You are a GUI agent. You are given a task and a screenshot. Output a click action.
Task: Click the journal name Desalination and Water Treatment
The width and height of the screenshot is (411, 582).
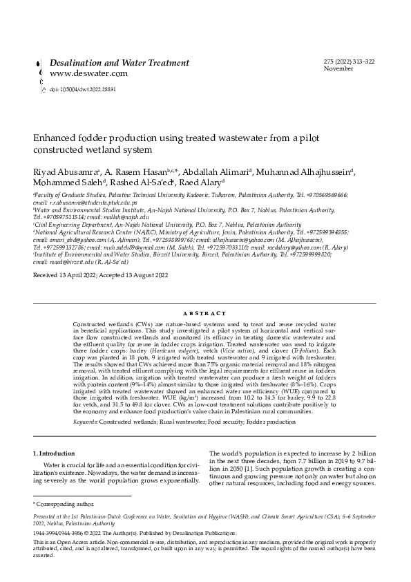(x=120, y=63)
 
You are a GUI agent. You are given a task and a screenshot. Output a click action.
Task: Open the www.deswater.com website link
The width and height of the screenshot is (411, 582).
(x=88, y=73)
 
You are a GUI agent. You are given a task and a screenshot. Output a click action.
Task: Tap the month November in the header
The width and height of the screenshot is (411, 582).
(x=338, y=69)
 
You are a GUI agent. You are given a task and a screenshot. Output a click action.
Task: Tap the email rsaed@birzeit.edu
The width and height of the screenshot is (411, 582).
(x=63, y=261)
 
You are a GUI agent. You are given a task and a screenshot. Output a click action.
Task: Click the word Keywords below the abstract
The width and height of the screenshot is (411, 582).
(x=85, y=401)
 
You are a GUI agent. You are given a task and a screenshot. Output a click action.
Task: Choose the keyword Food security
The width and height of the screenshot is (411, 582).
(x=227, y=401)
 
